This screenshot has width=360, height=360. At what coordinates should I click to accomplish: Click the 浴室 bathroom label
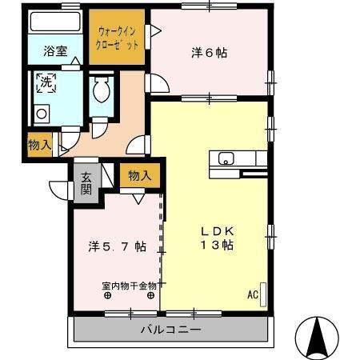click(x=55, y=50)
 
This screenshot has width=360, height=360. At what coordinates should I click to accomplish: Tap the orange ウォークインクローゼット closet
click(x=117, y=38)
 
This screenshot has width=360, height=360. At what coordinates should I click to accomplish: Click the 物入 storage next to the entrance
click(x=138, y=175)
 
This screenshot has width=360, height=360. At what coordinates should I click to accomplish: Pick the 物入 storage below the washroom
click(x=39, y=145)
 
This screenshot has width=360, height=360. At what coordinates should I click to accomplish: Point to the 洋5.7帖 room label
click(x=117, y=246)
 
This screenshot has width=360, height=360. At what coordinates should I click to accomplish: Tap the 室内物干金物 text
click(x=129, y=285)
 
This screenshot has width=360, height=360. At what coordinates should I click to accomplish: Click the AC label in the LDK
click(x=252, y=294)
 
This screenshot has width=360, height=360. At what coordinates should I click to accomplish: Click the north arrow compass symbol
click(x=317, y=337)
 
